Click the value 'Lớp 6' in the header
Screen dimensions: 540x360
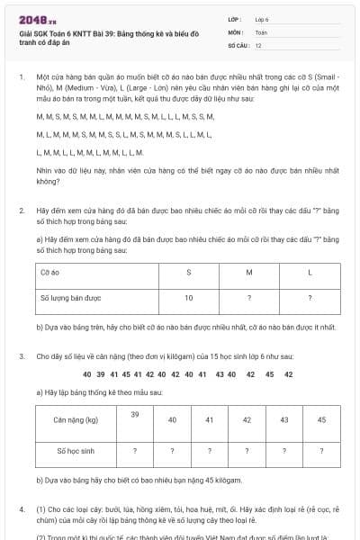[262, 18]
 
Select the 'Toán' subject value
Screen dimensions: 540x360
[261, 31]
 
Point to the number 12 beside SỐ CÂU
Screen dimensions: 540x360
[259, 44]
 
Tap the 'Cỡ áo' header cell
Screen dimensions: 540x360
[50, 271]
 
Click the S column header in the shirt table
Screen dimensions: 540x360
[188, 271]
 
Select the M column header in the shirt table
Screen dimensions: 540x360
[248, 271]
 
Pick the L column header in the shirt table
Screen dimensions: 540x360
[310, 271]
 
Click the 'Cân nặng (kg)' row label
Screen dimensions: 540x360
[76, 419]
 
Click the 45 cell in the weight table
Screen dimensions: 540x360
[322, 419]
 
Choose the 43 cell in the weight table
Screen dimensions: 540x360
[284, 419]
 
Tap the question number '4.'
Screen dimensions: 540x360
[22, 509]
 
